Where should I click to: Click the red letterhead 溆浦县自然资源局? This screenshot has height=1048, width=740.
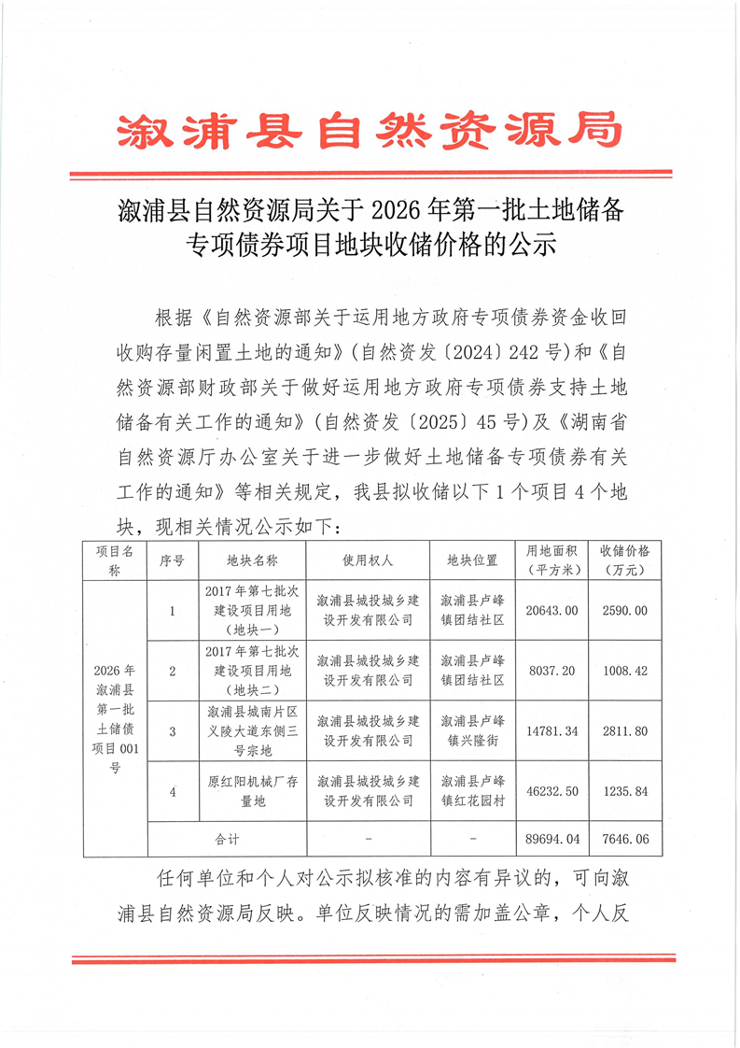(x=370, y=132)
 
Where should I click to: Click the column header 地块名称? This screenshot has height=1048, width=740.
(x=252, y=560)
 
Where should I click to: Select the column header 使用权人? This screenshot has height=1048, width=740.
(x=367, y=560)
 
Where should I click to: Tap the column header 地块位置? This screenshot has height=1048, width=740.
(x=472, y=560)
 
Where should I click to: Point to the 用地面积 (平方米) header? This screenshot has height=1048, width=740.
(x=553, y=559)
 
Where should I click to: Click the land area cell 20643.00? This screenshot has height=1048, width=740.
(x=553, y=610)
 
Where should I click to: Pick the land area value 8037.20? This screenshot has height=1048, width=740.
(x=553, y=671)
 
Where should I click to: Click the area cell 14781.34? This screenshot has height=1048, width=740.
(x=553, y=730)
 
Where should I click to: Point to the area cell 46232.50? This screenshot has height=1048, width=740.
(x=553, y=790)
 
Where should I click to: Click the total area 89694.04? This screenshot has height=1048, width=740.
(x=553, y=839)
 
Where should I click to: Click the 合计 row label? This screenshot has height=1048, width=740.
(x=227, y=839)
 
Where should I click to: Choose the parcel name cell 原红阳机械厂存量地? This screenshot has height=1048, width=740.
(x=252, y=790)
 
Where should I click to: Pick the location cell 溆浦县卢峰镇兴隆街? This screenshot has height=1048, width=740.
(x=472, y=730)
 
